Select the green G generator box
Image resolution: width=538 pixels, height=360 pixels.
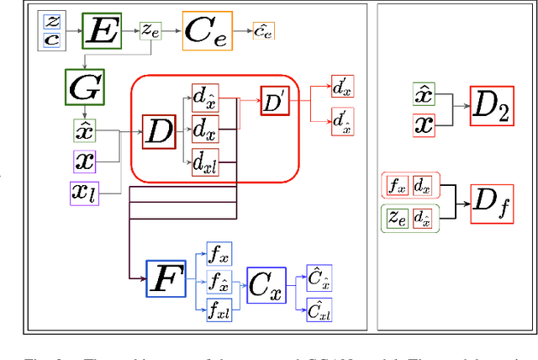click(x=83, y=87)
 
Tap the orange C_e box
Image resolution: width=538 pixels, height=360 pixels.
click(x=208, y=31)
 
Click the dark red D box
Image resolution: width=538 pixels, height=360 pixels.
click(x=159, y=130)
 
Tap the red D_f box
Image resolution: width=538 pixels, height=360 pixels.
click(x=492, y=204)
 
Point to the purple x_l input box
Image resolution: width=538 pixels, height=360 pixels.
click(x=83, y=193)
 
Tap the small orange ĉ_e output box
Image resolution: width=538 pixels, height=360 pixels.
click(x=263, y=31)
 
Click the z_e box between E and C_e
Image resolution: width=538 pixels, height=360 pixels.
click(x=150, y=30)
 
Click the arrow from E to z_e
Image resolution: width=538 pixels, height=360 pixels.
click(x=130, y=31)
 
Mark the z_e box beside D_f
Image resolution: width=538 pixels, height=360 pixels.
click(x=396, y=219)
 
